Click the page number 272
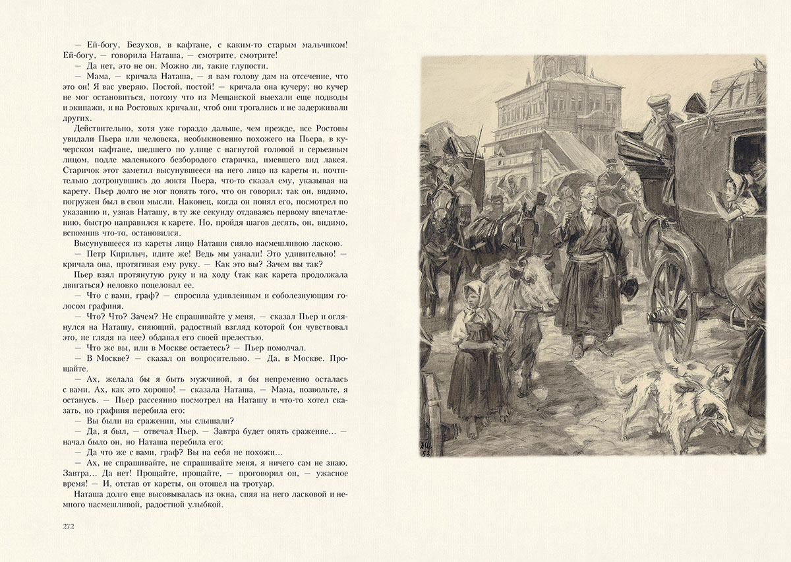coord(68,526)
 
